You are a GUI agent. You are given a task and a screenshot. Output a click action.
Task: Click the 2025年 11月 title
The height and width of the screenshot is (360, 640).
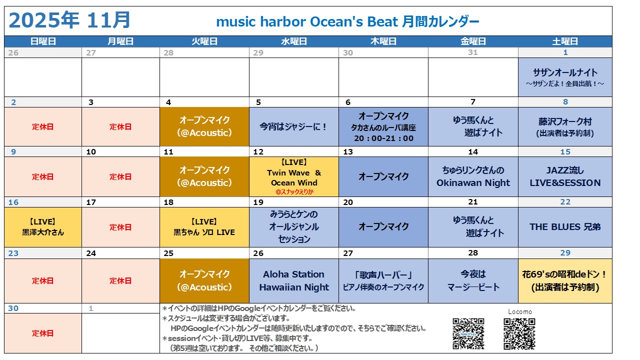pyautogui.click(x=69, y=20)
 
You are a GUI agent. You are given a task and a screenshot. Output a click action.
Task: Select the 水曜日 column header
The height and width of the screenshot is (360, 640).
pyautogui.click(x=293, y=41)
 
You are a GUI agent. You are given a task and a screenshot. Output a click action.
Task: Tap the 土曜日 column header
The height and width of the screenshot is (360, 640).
pyautogui.click(x=565, y=41)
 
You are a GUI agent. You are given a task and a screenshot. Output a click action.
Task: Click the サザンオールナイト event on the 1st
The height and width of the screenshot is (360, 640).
pyautogui.click(x=565, y=77)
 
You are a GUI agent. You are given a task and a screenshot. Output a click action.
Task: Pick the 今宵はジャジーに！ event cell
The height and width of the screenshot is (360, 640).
pyautogui.click(x=293, y=126)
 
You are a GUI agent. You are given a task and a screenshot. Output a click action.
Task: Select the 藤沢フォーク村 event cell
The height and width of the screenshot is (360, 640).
pyautogui.click(x=565, y=126)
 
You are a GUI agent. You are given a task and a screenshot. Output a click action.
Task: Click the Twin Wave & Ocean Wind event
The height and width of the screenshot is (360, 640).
pyautogui.click(x=293, y=176)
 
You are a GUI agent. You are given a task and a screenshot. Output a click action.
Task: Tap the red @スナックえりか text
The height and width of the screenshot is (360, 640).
pyautogui.click(x=294, y=191)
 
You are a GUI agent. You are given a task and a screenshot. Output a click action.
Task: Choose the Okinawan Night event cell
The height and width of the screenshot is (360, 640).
pyautogui.click(x=473, y=176)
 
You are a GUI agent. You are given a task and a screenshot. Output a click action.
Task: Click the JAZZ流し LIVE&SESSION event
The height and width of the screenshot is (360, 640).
pyautogui.click(x=565, y=176)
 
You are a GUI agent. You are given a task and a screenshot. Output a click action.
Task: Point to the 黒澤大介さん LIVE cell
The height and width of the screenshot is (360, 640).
pyautogui.click(x=43, y=227)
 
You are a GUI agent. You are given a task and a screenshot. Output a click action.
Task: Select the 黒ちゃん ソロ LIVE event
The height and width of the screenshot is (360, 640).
pyautogui.click(x=204, y=227)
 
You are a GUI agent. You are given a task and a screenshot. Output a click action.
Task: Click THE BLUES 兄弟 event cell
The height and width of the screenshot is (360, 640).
pyautogui.click(x=565, y=227)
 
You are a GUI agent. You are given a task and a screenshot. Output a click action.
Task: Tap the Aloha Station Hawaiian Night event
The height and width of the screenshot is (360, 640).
pyautogui.click(x=293, y=280)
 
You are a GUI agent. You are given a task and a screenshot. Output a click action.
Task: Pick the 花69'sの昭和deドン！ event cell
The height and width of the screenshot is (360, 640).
pyautogui.click(x=565, y=280)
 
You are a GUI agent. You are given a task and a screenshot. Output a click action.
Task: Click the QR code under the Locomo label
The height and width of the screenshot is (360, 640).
pyautogui.click(x=519, y=334)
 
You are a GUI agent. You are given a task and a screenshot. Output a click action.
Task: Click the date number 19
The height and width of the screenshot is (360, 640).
pyautogui.click(x=258, y=202)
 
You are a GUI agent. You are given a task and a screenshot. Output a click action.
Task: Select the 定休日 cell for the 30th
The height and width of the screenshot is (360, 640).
pyautogui.click(x=43, y=333)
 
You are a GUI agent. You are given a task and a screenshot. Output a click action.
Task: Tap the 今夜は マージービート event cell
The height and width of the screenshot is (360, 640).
pyautogui.click(x=473, y=280)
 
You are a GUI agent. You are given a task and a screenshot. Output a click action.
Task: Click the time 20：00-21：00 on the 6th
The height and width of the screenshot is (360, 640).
pyautogui.click(x=383, y=138)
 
